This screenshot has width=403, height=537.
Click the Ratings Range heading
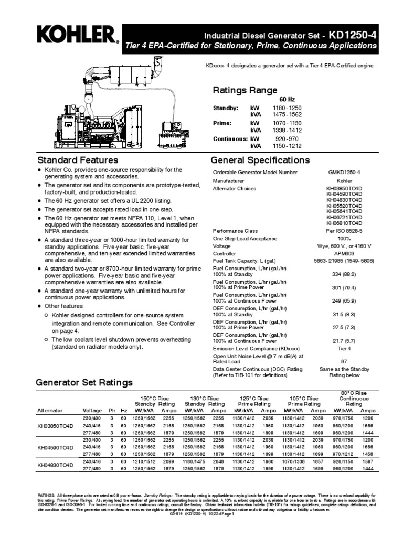pos(245,90)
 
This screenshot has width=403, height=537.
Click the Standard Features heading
pos(77,160)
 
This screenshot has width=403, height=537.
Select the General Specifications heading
pos(260,160)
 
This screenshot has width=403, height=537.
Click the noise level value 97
pos(344,362)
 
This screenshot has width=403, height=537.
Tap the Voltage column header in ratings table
pos(92,410)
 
